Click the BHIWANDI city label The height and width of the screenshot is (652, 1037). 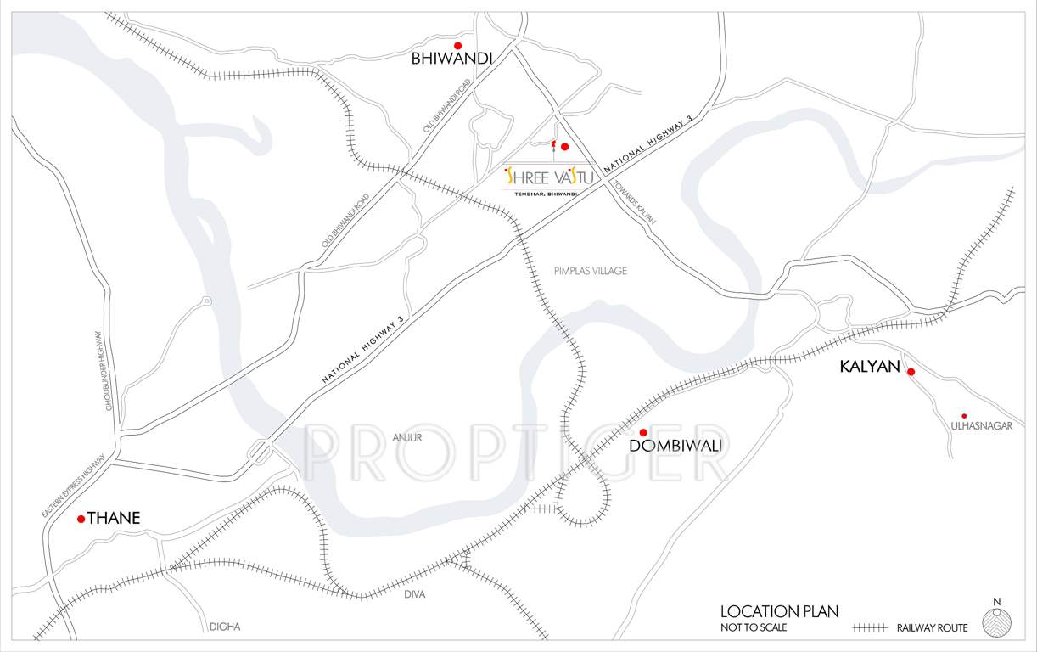click(451, 59)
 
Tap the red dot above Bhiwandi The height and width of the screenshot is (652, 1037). click(457, 46)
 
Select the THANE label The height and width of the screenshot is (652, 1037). click(114, 518)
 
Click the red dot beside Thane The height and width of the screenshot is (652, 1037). click(81, 519)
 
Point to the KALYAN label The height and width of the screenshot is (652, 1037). click(869, 366)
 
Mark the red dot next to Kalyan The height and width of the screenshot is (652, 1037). click(911, 372)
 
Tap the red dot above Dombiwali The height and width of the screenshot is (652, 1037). click(642, 433)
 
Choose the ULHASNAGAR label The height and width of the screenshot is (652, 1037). click(982, 426)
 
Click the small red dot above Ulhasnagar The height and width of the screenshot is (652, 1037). click(964, 416)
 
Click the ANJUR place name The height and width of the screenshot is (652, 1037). click(407, 437)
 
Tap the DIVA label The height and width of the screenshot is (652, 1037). click(415, 594)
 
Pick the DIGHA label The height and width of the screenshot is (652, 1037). click(225, 627)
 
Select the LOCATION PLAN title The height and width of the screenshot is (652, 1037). click(779, 611)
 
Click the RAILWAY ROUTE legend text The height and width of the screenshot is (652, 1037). click(931, 628)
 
